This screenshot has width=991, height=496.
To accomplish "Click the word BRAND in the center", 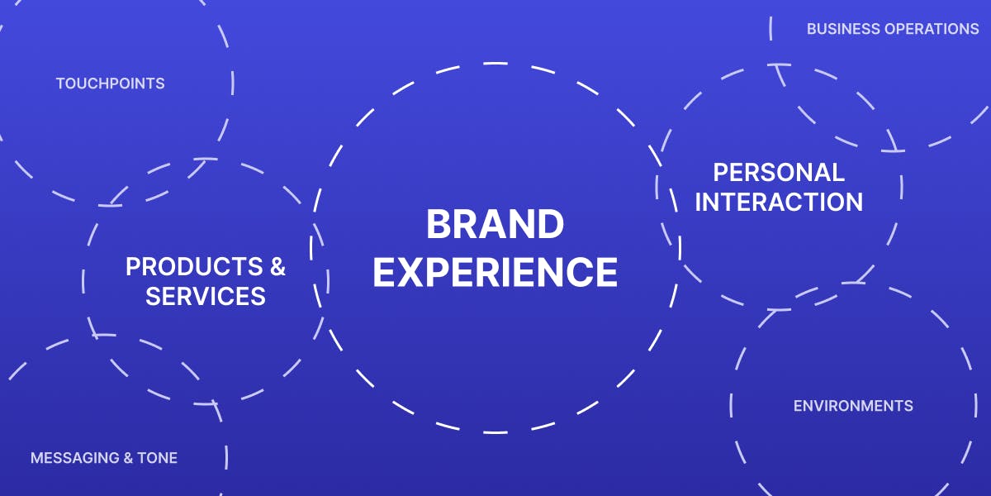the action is coord(495,224).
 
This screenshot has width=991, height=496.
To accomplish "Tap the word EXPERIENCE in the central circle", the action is coord(495,272).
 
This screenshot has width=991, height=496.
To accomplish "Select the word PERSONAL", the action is coord(779,172).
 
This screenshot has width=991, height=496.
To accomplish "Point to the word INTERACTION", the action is coord(779,202).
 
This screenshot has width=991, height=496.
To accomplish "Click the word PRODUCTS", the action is coord(194,266).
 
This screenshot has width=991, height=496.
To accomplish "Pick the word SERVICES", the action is coord(206,296).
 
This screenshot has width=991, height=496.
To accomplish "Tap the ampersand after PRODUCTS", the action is coord(277,266).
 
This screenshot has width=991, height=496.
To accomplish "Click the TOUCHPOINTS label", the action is coord(110,83).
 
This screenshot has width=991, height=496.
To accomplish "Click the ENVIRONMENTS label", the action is coord(853,406).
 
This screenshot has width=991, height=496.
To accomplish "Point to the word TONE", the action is coord(158,458).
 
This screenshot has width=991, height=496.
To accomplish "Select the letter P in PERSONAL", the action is coord(721,172).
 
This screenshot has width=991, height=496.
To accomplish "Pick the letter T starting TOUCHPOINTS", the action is coord(61,83).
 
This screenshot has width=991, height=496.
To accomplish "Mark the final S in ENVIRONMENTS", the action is coord(908,406).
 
